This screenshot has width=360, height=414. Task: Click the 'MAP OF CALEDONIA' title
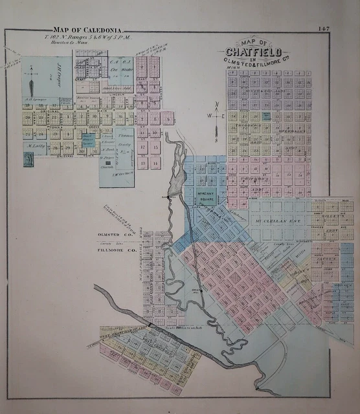tap(91, 30)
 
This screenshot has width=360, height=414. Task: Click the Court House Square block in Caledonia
tap(88, 140)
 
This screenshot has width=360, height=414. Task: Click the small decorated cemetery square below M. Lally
tap(28, 159)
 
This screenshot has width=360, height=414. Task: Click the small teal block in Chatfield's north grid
tap(266, 116)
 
